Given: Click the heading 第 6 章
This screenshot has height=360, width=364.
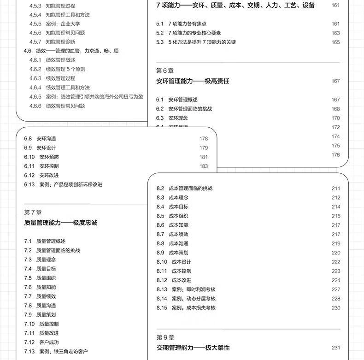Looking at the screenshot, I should (165, 71).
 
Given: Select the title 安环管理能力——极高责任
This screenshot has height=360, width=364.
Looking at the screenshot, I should (193, 81).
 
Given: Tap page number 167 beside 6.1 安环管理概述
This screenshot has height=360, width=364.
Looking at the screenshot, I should (335, 100).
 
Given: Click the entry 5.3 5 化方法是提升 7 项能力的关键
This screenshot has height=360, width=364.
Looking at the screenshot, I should (196, 42).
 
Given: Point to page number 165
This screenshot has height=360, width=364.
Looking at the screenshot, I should (335, 42).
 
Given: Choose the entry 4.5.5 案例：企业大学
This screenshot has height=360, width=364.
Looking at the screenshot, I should (57, 24).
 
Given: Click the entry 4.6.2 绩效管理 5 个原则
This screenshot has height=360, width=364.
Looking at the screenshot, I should (57, 69).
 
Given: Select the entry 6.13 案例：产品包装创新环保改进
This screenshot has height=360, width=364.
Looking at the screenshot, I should (63, 184).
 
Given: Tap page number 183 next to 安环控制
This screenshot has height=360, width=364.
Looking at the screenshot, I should (204, 166).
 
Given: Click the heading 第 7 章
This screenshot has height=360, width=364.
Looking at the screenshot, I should (33, 212).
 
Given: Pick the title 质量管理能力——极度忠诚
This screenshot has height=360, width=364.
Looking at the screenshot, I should (60, 223).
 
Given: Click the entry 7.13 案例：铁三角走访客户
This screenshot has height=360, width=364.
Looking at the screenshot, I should (56, 351).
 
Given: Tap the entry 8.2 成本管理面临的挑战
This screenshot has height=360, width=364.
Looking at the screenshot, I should (184, 188).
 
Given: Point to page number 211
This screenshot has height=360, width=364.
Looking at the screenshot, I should (335, 188).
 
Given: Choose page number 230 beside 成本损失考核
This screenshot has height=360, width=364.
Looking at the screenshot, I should (335, 307).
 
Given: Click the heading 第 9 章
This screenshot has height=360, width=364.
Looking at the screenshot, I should (165, 337).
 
